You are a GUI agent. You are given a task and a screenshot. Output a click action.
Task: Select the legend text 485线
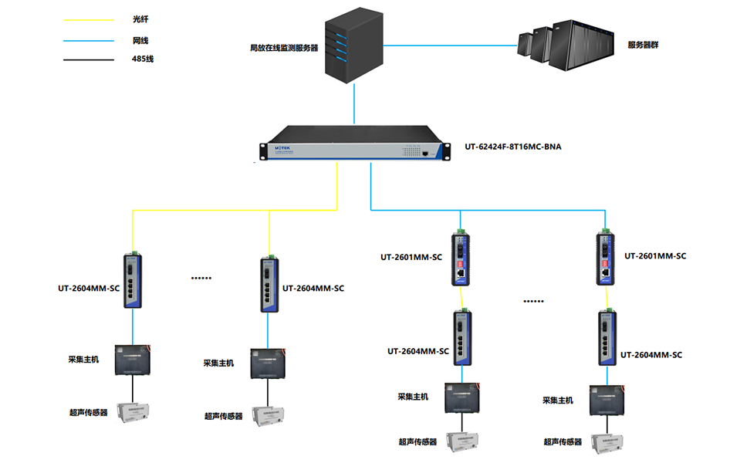tap(143, 59)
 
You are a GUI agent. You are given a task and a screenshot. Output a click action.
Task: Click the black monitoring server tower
tap(354, 47)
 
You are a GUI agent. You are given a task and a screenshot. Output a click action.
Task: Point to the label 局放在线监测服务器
tap(284, 48)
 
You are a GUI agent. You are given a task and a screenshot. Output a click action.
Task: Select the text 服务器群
tap(643, 45)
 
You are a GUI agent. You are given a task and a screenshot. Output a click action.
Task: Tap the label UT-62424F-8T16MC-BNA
tap(512, 145)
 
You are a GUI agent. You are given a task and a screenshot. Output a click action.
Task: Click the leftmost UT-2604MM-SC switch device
tap(134, 281)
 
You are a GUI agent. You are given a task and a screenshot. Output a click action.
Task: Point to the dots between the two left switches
tap(201, 276)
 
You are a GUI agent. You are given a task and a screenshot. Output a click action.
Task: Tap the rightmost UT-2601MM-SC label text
tap(654, 256)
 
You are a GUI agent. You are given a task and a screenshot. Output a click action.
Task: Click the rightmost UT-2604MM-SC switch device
tap(607, 338)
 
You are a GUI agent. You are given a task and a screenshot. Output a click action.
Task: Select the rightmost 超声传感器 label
tap(563, 442)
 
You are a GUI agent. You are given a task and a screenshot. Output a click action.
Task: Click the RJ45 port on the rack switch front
tap(425, 154)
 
